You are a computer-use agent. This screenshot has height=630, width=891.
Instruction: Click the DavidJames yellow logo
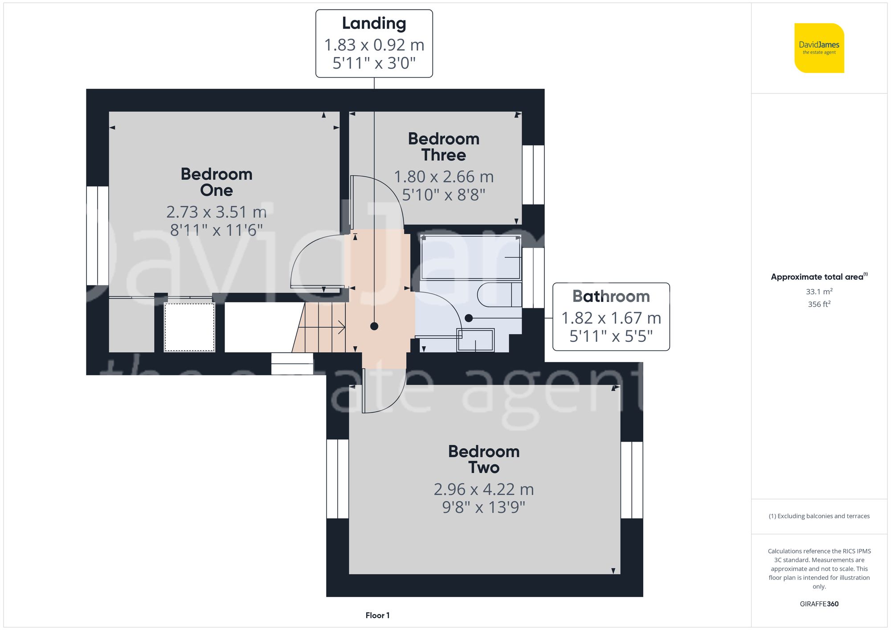tap(819, 48)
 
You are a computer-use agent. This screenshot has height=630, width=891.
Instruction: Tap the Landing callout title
tap(374, 24)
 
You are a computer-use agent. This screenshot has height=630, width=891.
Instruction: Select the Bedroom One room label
tap(217, 182)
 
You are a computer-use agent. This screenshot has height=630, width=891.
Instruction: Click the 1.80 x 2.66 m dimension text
tap(444, 177)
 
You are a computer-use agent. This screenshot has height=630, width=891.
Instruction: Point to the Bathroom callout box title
tap(611, 296)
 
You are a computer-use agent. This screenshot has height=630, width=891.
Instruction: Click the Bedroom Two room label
tap(484, 459)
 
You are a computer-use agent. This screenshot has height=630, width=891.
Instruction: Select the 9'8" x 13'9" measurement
tap(484, 508)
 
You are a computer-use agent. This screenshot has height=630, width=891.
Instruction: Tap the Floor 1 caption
tap(377, 615)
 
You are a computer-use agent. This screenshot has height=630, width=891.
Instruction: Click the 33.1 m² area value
tap(819, 292)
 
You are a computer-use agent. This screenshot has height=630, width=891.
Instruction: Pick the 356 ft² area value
tap(819, 304)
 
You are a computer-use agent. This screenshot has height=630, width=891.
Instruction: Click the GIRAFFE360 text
tap(819, 604)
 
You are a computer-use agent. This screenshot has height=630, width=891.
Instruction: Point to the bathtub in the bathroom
tap(470, 257)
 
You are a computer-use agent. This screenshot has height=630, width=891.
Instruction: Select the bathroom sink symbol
tap(475, 340)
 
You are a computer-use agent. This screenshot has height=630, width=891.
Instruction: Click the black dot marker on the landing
tap(374, 326)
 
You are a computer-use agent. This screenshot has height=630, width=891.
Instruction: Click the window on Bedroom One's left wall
tap(97, 236)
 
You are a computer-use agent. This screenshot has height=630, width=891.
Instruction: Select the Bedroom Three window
tap(533, 175)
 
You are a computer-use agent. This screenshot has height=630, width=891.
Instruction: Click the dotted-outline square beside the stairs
tap(189, 327)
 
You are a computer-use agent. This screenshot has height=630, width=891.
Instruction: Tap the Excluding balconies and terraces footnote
tap(819, 516)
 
